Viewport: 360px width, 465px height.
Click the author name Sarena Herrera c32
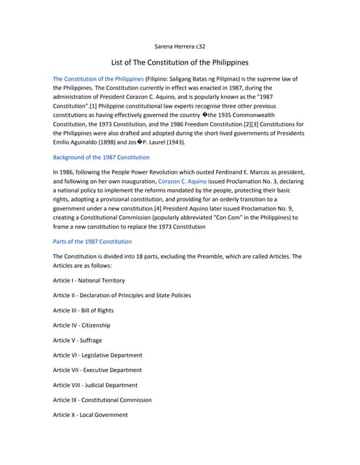[x=180, y=46]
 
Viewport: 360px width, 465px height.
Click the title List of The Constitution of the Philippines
[x=180, y=62]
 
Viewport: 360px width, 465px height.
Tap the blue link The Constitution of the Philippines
[x=98, y=78]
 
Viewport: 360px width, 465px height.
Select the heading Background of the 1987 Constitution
[x=101, y=157]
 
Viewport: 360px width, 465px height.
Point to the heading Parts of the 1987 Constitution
[x=92, y=241]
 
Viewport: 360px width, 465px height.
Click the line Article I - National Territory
[x=89, y=280]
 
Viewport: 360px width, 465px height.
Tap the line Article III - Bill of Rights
[x=87, y=310]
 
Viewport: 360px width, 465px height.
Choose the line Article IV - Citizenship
[x=81, y=325]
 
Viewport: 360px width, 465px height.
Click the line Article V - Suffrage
[x=77, y=340]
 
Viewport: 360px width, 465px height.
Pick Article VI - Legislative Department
[x=97, y=355]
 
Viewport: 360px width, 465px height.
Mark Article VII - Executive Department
[x=97, y=370]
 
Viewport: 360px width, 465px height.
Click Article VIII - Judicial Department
[x=95, y=385]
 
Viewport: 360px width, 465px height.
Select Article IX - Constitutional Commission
[x=103, y=400]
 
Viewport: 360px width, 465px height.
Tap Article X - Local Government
[x=90, y=415]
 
